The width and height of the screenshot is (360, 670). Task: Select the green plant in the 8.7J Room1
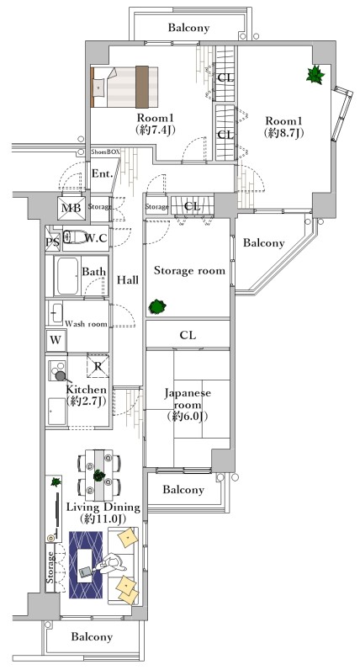pos(315,76)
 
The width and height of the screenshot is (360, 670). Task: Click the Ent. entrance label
pos(103,173)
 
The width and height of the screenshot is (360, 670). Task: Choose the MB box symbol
pos(70,207)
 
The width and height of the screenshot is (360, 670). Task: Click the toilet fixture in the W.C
pos(72,237)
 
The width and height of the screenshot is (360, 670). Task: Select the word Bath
pos(93,272)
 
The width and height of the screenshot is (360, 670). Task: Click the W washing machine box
pos(56,340)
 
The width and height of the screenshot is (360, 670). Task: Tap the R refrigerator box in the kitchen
pos(98,367)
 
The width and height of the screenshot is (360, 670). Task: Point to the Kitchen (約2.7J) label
pos(87,395)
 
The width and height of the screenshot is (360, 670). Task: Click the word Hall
pos(128,279)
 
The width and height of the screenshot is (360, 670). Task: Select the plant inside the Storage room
pos(156,307)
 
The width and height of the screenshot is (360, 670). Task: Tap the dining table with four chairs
pos(98,475)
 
